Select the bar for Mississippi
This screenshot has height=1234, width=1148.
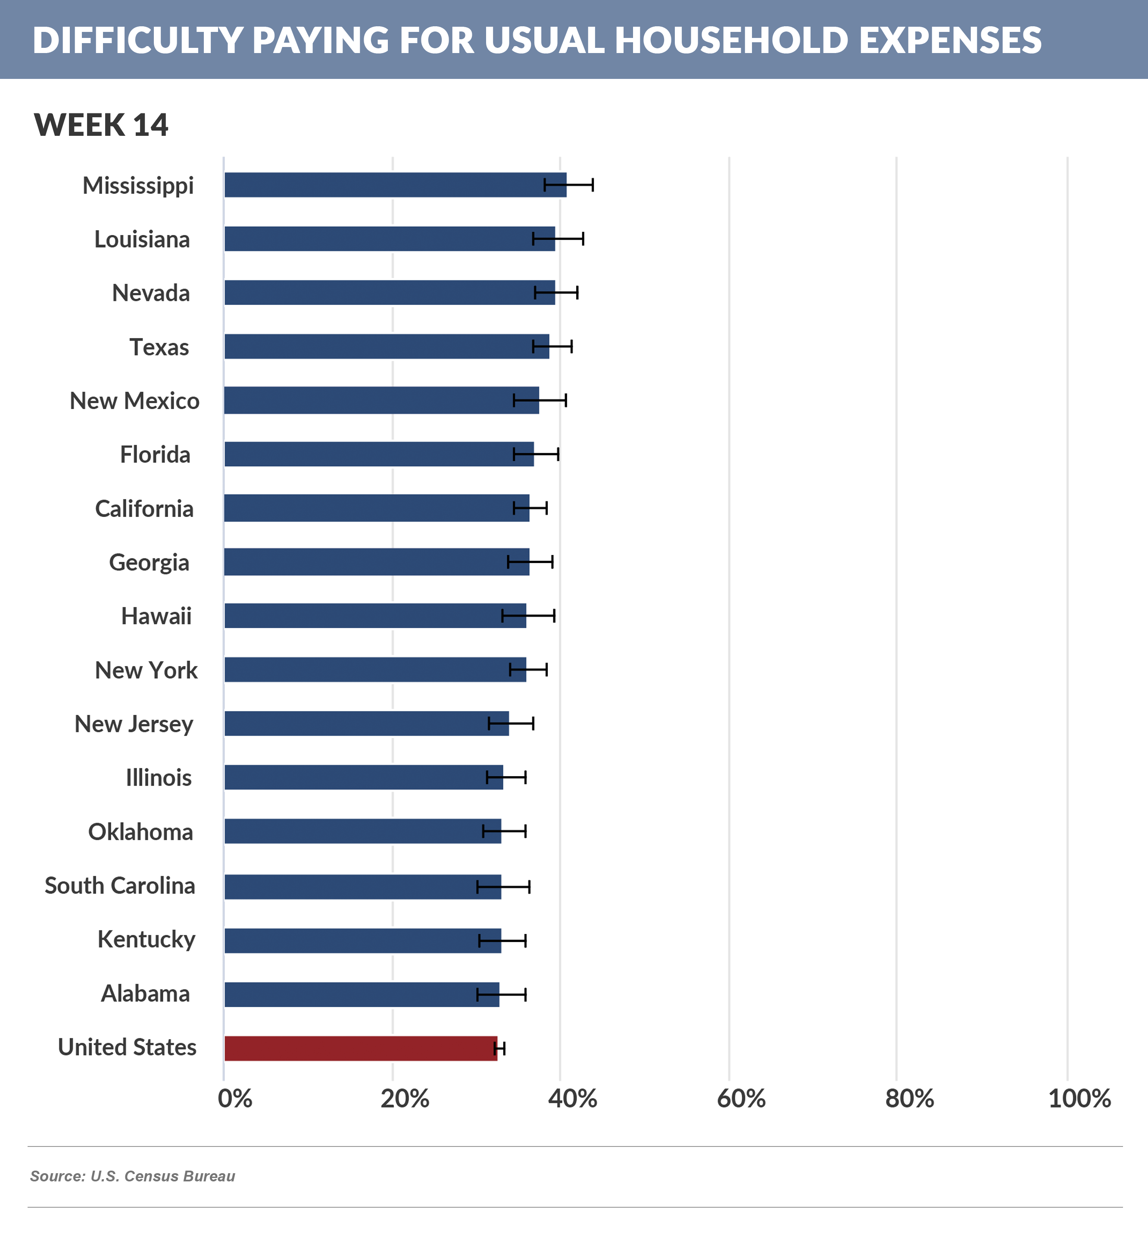pyautogui.click(x=395, y=185)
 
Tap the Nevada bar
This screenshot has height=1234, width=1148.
pyautogui.click(x=390, y=292)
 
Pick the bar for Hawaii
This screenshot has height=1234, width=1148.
pyautogui.click(x=375, y=616)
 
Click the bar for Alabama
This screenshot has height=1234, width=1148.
pyautogui.click(x=362, y=994)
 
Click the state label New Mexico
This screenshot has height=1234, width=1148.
pyautogui.click(x=134, y=401)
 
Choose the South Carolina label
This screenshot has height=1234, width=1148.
pyautogui.click(x=120, y=886)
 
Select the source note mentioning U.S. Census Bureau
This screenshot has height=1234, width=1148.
pyautogui.click(x=133, y=1176)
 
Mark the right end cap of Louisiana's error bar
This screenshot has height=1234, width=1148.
pyautogui.click(x=583, y=239)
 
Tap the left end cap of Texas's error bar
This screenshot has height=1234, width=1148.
pyautogui.click(x=533, y=346)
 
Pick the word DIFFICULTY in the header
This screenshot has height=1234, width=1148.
pyautogui.click(x=137, y=41)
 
